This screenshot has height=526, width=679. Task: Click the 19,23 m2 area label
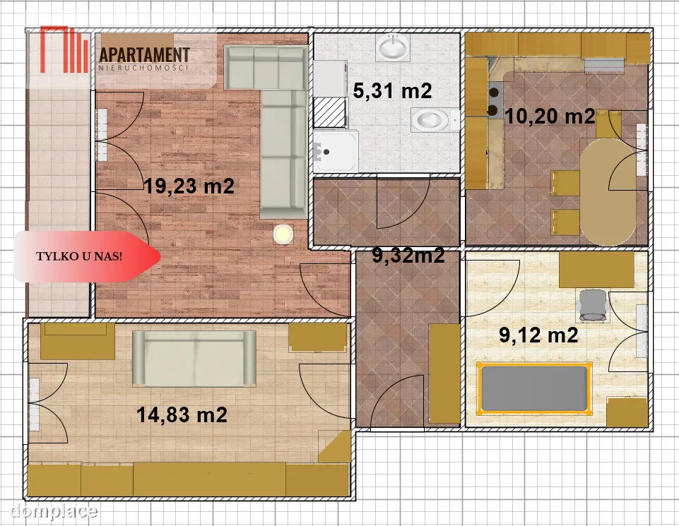coord(189,186)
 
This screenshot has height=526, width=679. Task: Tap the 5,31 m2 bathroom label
coord(392,91)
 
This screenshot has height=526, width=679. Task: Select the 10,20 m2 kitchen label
coord(550,116)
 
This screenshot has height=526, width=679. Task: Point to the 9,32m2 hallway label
coord(408,256)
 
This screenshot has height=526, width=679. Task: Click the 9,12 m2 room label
coord(538,335)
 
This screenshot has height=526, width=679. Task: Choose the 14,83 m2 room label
coord(182,414)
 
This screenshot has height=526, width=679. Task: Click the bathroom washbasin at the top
coord(393,46)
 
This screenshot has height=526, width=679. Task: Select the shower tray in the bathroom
coord(336,151)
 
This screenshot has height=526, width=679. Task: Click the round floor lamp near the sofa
coord(283,234)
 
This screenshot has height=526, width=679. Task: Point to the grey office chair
coord(593,306)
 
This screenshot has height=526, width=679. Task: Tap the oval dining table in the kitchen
coord(608,191)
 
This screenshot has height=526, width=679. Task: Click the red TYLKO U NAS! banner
coord(87,256)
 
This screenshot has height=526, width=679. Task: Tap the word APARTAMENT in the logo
coord(145,55)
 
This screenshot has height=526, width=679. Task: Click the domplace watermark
coord(54,511)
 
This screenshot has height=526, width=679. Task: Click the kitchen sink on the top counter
coord(604,66)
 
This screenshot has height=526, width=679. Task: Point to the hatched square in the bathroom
coord(329,112)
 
